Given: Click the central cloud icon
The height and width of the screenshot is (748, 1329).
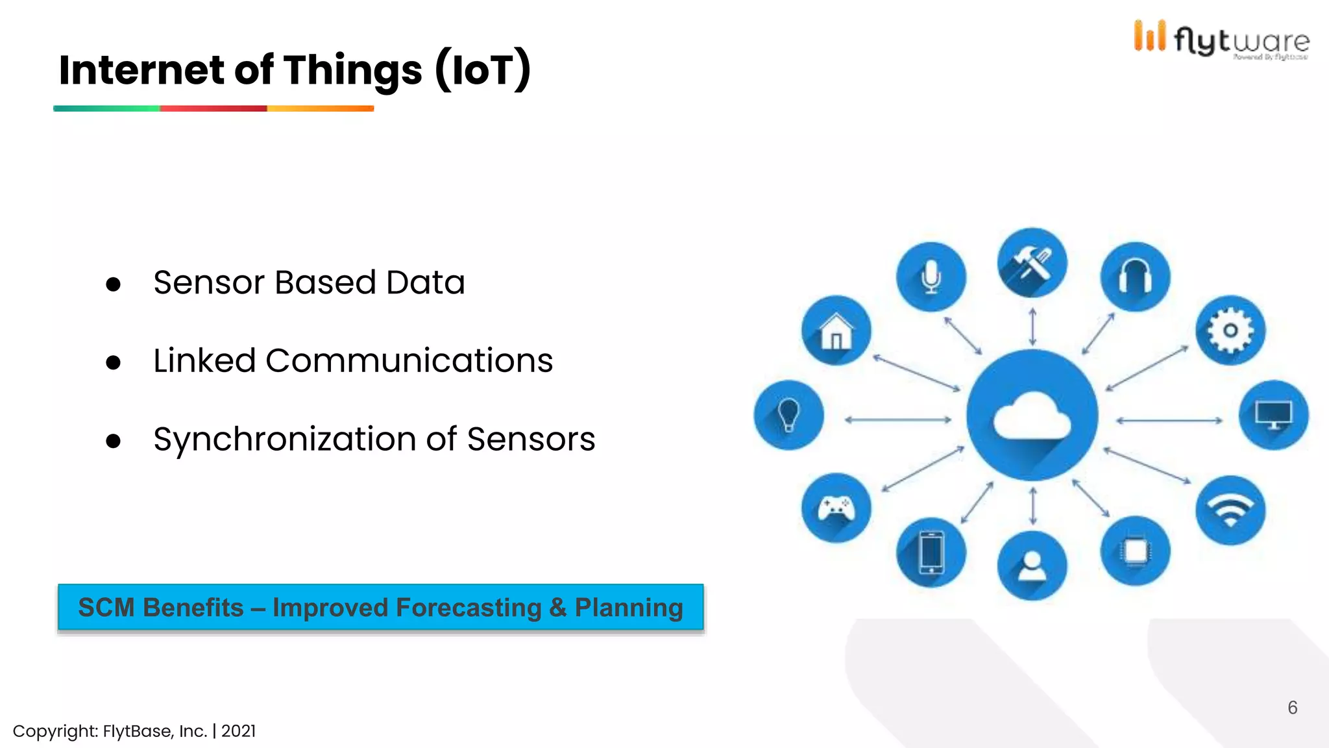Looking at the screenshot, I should point(1032,416).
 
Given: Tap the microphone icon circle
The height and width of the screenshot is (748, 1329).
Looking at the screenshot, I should point(931,277).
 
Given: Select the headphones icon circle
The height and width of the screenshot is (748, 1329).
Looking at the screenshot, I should point(1135,277).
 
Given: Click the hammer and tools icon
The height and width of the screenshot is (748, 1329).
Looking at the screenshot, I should point(1032,262).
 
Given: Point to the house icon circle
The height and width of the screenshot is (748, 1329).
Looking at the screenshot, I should point(836,330).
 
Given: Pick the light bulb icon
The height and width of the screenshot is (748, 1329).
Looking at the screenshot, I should point(788,415).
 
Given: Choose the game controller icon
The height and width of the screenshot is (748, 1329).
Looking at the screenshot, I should point(836,508).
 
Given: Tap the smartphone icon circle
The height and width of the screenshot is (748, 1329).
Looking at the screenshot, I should point(931,553).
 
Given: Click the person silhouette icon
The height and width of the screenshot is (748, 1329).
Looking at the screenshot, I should point(1032,566).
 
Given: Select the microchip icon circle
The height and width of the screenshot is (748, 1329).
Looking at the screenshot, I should point(1135,551).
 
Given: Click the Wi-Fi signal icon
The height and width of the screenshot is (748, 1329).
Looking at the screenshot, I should point(1230,510).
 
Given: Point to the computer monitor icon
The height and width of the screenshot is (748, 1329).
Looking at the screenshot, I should point(1273,415).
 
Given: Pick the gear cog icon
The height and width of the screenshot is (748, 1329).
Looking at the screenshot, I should point(1230,330).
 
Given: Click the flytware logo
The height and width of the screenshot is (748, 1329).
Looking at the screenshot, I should point(1221,40).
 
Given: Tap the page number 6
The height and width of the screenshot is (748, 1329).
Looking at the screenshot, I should point(1292,708).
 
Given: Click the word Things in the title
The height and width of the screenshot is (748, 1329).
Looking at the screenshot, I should point(352,70).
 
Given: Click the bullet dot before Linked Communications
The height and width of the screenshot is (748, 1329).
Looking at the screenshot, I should point(114,362).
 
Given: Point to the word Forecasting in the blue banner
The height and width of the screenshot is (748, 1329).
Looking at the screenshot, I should point(468,608).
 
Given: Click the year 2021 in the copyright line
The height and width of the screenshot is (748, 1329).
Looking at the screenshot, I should point(238,731).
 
